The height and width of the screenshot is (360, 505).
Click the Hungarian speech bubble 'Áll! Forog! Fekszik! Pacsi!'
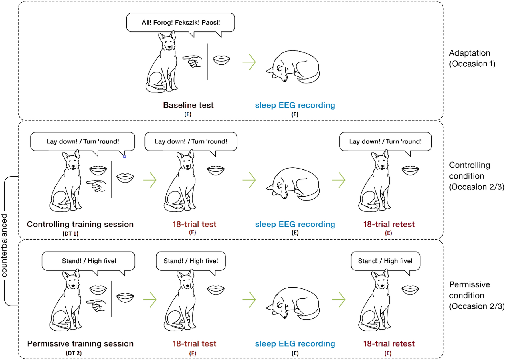(181, 23)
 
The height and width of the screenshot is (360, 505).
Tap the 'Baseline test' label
(188, 105)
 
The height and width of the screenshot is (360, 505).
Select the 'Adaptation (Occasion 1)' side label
(472, 58)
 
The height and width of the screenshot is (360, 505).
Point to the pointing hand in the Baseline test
(193, 61)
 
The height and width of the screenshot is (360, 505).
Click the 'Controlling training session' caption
(80, 225)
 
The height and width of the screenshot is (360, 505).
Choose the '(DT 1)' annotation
(70, 234)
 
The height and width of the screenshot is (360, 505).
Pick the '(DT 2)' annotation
(74, 353)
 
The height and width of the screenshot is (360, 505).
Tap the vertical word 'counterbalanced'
(4, 246)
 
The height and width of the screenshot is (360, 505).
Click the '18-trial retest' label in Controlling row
(389, 225)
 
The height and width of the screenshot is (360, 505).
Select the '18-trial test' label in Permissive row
(194, 344)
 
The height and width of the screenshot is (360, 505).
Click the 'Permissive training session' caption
(80, 344)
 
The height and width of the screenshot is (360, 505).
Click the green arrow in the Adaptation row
(249, 62)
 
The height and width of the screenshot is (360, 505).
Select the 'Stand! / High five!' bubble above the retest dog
(385, 261)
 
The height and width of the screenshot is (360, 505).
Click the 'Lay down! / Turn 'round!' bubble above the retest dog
(385, 142)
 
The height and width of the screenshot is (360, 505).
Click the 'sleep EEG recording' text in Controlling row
(295, 225)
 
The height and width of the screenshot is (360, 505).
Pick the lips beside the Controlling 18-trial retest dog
(410, 171)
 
